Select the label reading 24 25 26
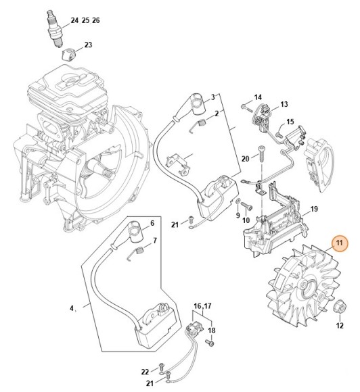coord(85,21)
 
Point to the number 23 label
coord(88,45)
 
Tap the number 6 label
coord(152,223)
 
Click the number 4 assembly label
coord(72,309)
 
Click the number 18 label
coord(212,330)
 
